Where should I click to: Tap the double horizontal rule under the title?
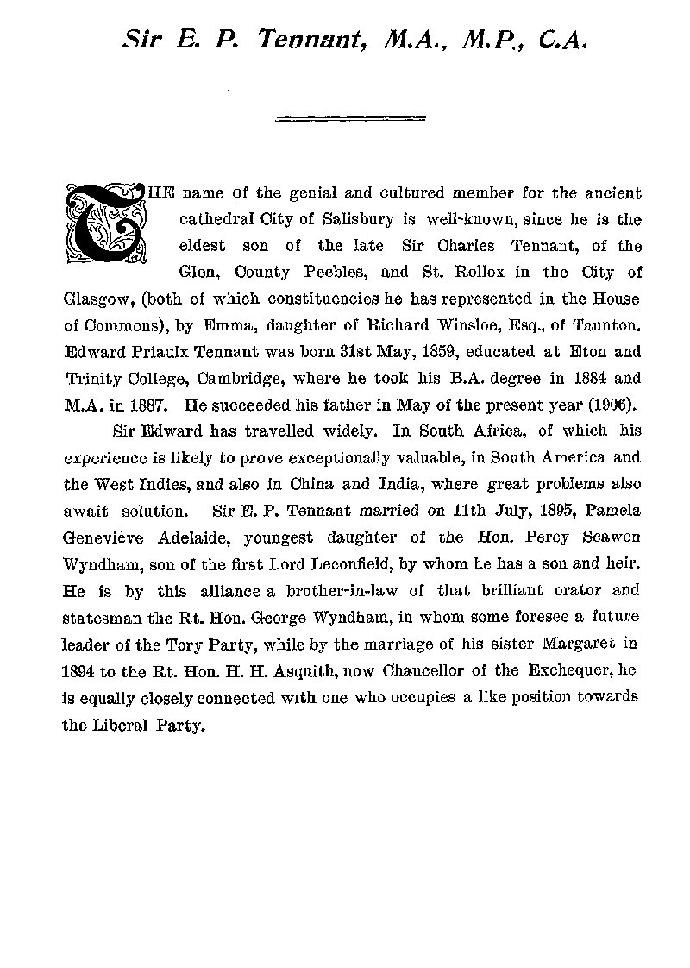click(x=350, y=118)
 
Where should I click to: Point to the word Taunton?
click(x=608, y=328)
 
